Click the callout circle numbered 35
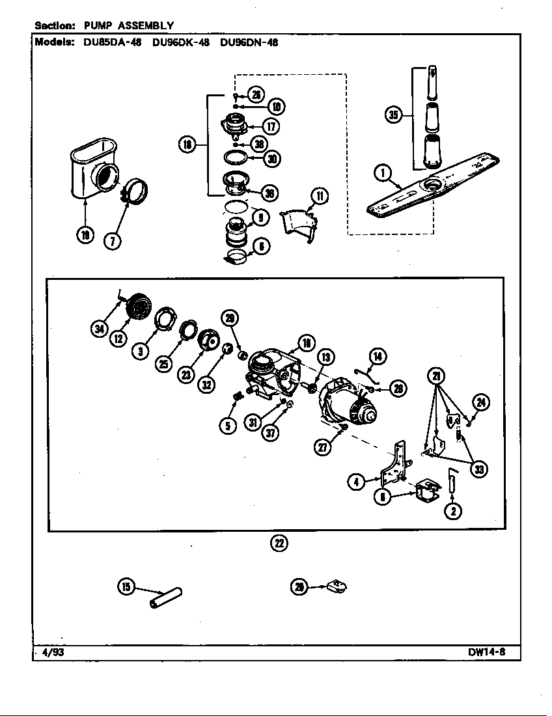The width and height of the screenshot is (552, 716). coord(393,115)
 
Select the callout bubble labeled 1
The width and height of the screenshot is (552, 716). coord(382,172)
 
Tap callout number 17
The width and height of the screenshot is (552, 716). coord(271,126)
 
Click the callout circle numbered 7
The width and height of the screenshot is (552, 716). coord(112,240)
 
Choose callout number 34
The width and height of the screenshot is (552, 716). coord(99,330)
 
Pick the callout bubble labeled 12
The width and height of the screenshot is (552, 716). coord(118,338)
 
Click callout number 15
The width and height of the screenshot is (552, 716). coord(126,587)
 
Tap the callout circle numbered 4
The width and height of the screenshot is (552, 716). coord(355,482)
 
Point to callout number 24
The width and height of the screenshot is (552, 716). coord(480,402)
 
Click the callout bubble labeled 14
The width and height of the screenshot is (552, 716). coord(378,356)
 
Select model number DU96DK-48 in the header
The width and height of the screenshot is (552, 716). coord(180,43)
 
